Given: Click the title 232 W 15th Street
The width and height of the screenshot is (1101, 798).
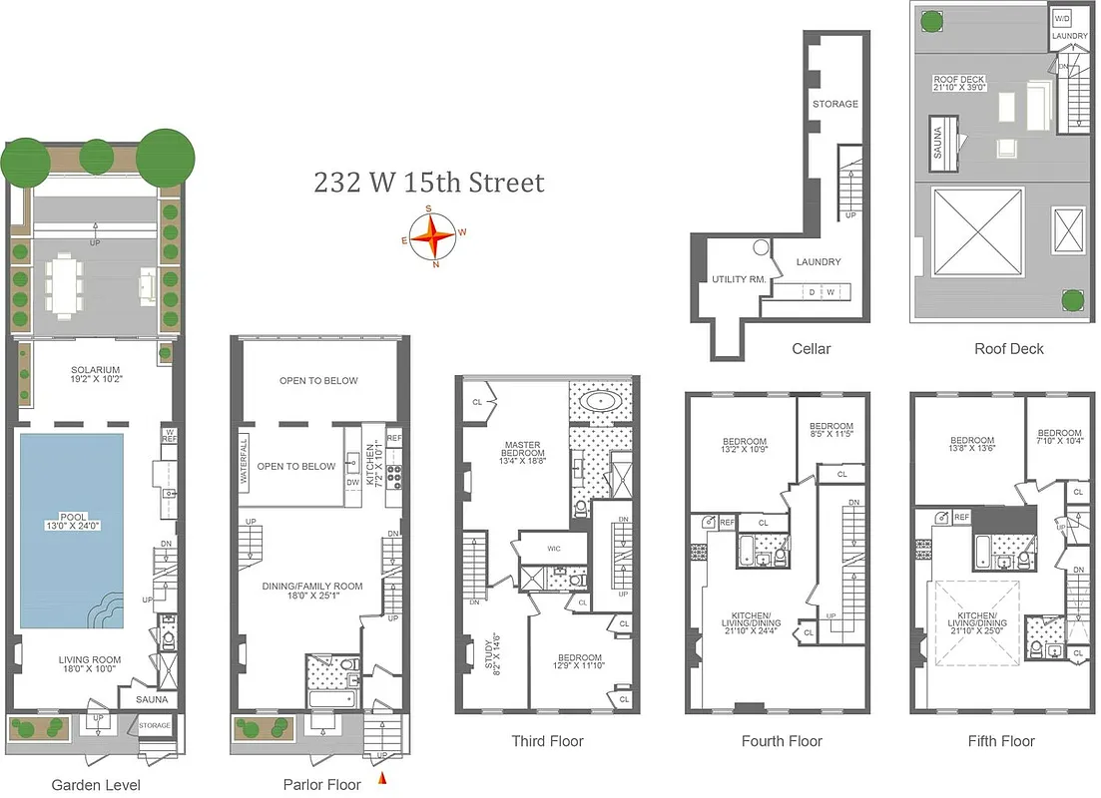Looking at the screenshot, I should (429, 184).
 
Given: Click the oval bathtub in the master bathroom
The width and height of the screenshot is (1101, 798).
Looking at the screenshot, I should (600, 402).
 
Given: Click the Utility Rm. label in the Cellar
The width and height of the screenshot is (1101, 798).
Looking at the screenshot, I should (739, 279).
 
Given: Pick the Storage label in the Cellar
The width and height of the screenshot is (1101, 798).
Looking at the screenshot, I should (834, 104).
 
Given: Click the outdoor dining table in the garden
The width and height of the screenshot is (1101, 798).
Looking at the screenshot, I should (66, 284).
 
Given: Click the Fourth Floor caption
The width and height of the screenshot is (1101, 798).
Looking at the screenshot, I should (782, 741).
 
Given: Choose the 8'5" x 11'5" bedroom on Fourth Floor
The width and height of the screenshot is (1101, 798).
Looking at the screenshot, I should (830, 431).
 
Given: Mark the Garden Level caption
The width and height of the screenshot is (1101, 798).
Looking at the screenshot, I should (96, 785).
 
